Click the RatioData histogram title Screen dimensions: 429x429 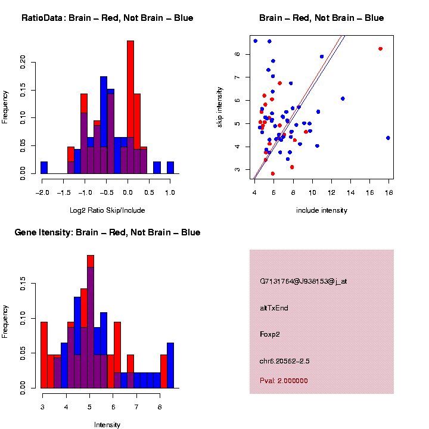click(x=107, y=18)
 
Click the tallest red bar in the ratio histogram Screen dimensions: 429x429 click(x=130, y=107)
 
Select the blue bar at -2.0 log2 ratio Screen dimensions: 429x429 click(x=44, y=167)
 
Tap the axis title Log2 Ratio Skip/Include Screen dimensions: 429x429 click(x=107, y=210)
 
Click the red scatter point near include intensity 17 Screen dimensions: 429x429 click(x=380, y=49)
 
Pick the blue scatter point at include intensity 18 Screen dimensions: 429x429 click(x=388, y=138)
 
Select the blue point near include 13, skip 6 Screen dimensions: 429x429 click(x=343, y=98)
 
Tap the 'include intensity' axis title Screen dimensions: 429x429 click(x=322, y=210)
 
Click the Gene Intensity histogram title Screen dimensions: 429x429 click(x=107, y=232)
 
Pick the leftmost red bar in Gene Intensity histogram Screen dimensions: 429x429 click(x=44, y=355)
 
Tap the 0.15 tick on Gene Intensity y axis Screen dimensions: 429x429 click(x=23, y=285)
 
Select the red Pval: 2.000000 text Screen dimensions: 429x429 click(x=284, y=380)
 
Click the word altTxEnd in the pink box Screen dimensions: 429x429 click(x=275, y=308)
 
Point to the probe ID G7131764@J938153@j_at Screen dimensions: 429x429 click(x=303, y=281)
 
